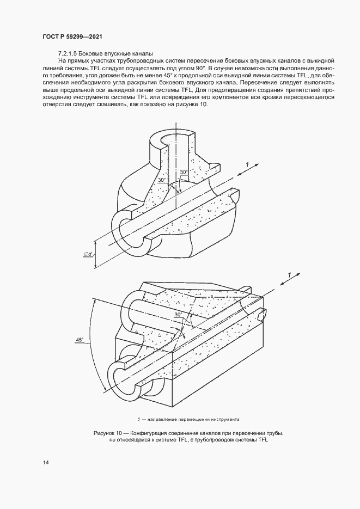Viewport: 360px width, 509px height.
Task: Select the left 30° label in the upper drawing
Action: tap(161, 180)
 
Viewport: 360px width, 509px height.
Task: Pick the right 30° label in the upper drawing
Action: tap(184, 172)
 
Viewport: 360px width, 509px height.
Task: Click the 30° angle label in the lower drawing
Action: tap(178, 315)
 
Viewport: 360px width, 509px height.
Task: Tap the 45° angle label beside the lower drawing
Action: tap(80, 340)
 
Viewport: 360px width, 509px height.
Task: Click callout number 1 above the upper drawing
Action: tap(247, 164)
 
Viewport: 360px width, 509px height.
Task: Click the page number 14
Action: tap(46, 463)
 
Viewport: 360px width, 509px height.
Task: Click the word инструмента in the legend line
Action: tap(222, 420)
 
